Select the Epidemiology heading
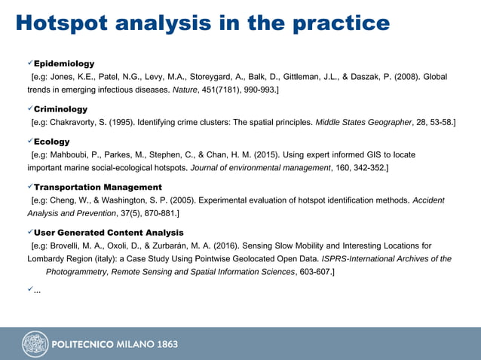click(x=64, y=63)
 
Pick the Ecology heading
click(x=52, y=142)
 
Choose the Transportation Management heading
click(x=98, y=187)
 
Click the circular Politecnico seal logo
click(x=35, y=344)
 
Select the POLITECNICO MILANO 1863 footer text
click(x=115, y=345)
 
